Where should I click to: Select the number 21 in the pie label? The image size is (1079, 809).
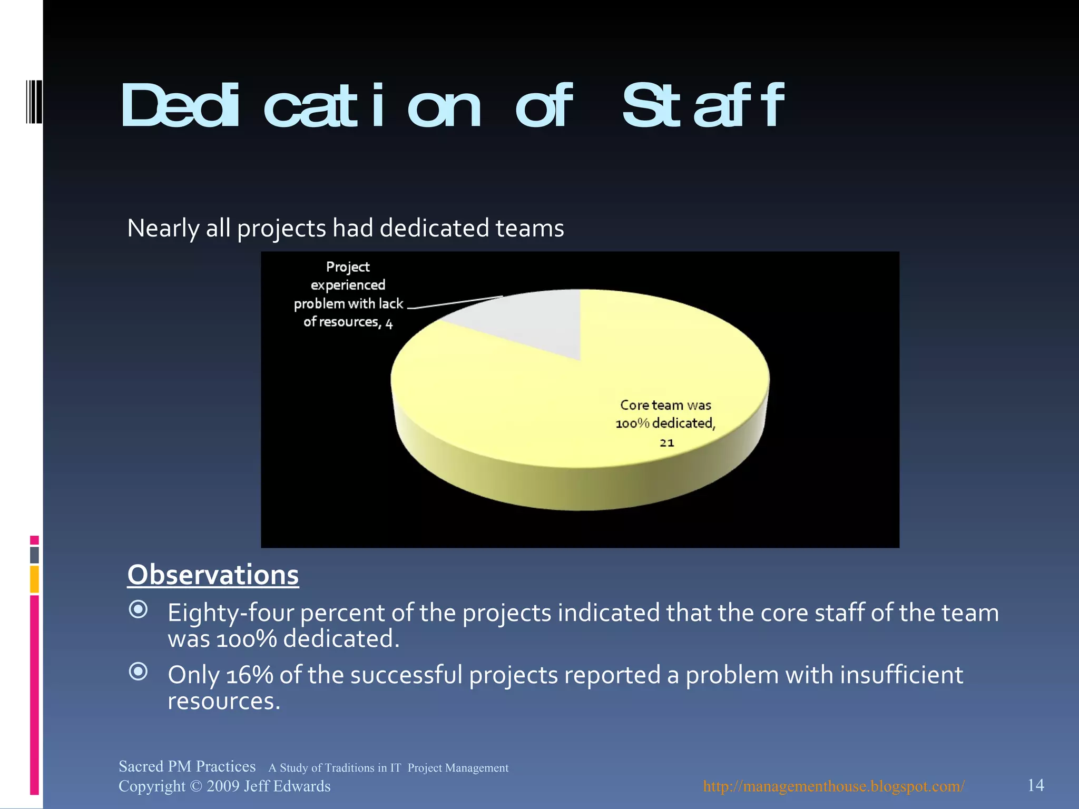666,443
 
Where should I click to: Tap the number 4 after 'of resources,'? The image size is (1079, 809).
389,323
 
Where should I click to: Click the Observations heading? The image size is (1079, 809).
213,575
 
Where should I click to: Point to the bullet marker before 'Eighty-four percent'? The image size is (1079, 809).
138,609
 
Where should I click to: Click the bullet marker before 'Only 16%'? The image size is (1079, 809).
138,672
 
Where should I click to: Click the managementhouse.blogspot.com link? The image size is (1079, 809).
833,786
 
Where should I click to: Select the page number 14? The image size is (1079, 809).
1035,785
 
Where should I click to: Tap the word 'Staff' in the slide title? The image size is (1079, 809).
703,106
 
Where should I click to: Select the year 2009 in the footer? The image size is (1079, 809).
223,786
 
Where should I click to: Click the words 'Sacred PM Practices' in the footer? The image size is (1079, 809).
187,766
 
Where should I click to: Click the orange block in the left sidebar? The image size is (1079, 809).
34,579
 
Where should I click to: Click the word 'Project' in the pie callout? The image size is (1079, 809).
348,267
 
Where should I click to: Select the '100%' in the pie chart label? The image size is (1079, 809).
632,423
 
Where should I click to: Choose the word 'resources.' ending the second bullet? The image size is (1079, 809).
224,702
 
